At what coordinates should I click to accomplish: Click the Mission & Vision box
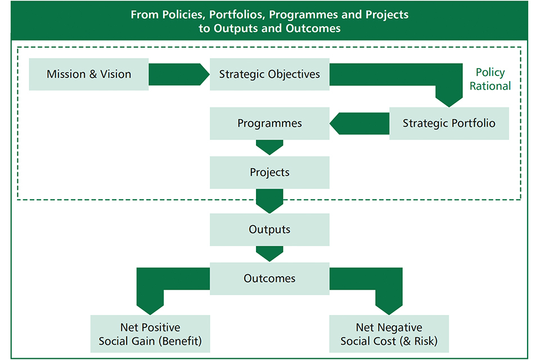pos(89,74)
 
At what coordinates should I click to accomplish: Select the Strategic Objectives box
pos(269,74)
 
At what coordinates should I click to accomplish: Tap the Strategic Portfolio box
pos(449,123)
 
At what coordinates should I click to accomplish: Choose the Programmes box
pos(269,123)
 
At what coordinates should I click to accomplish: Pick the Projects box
pos(269,172)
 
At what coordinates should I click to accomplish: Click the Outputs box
pos(269,229)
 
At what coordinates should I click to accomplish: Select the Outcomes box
pos(269,278)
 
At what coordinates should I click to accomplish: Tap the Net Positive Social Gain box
pos(150,334)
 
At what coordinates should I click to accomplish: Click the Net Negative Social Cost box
pos(389,334)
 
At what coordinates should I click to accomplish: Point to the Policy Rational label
pos(490,79)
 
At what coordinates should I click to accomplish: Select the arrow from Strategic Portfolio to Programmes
pos(360,123)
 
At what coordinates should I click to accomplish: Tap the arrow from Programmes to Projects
pos(269,147)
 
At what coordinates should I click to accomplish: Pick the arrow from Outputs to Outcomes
pos(269,253)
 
